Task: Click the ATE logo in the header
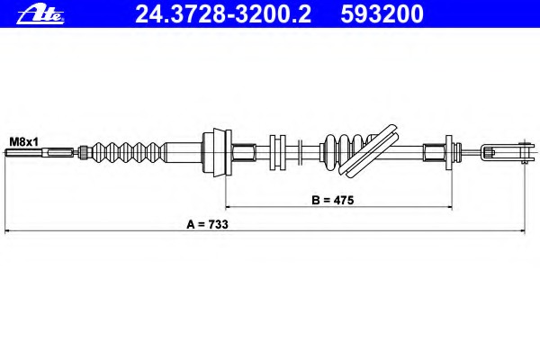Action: click(40, 14)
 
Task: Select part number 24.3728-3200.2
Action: click(223, 14)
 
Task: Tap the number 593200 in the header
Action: click(382, 14)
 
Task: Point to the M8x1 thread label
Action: click(23, 141)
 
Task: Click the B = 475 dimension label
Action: click(333, 200)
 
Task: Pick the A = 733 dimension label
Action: click(207, 224)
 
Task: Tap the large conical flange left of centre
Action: click(217, 152)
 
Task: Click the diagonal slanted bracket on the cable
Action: click(371, 150)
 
